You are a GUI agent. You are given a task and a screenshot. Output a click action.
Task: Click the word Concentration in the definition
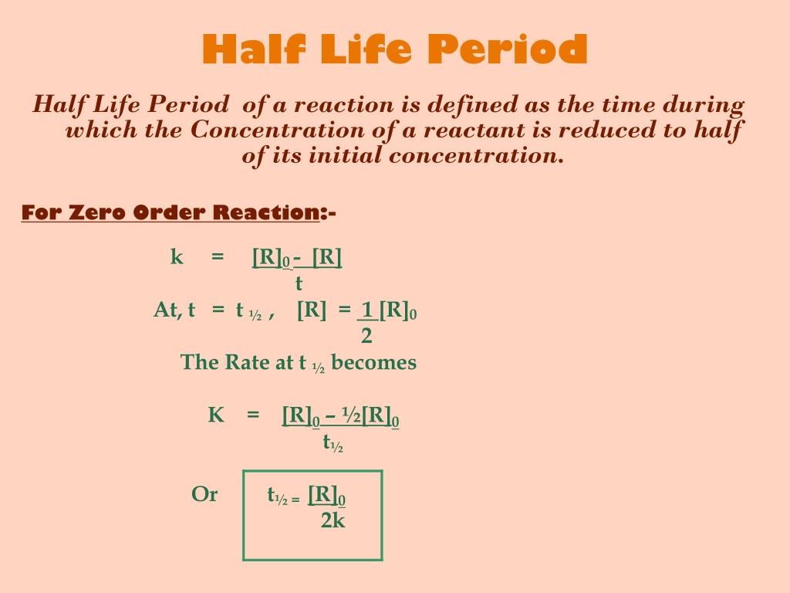point(277,130)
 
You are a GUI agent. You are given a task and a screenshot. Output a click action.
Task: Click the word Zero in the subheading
point(96,212)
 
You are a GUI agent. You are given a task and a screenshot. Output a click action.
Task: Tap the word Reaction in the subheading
point(266,212)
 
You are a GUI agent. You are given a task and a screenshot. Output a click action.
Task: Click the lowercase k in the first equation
point(177,256)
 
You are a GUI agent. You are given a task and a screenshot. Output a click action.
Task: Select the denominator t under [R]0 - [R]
point(299,283)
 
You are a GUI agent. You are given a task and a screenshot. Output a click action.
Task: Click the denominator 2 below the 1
point(366,336)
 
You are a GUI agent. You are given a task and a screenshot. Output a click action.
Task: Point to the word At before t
point(167,310)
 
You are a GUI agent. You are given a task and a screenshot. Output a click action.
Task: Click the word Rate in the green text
point(247,362)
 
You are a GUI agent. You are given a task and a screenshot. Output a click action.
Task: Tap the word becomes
point(374,362)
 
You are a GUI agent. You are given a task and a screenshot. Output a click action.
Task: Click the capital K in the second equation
point(216,415)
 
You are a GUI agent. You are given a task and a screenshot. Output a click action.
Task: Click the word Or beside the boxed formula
point(204,494)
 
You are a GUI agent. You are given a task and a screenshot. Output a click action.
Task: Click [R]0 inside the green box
point(326,495)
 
